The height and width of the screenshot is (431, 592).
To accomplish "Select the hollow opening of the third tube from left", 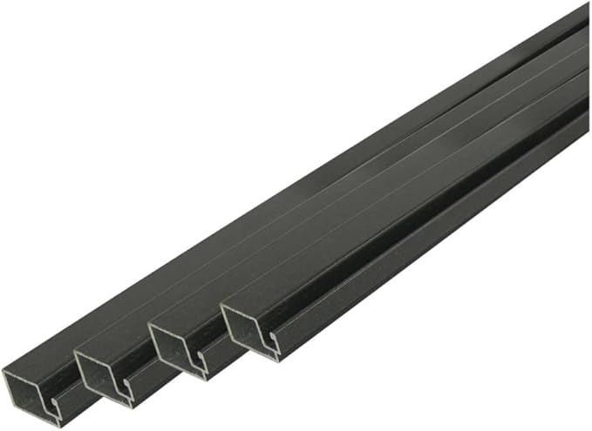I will (177, 344).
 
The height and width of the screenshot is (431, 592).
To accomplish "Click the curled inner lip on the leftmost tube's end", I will (55, 403).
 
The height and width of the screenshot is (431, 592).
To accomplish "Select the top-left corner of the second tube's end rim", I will (75, 353).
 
